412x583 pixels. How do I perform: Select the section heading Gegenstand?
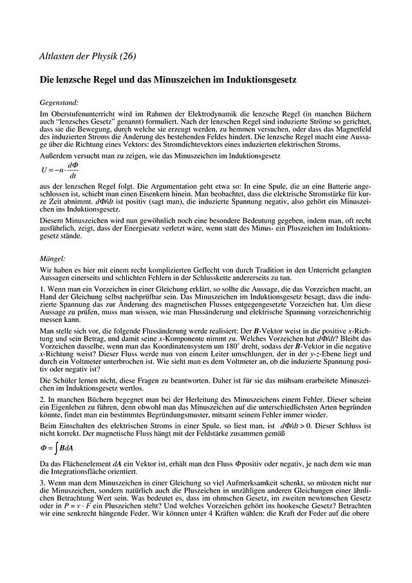coord(59,102)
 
